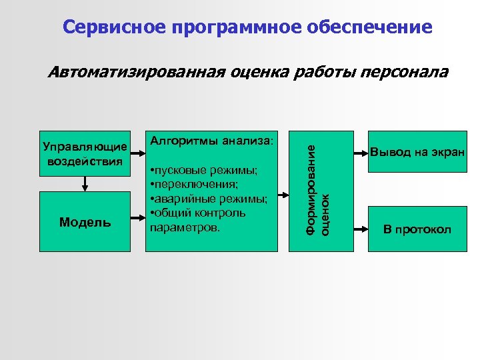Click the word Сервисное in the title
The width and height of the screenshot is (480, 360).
(x=114, y=27)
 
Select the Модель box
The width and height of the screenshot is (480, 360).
(x=85, y=222)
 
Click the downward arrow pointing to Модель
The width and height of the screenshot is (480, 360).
(x=85, y=183)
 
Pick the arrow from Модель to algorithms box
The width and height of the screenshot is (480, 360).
(x=137, y=222)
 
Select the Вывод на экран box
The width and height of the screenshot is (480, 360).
(x=417, y=152)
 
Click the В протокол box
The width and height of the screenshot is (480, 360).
(x=417, y=230)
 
